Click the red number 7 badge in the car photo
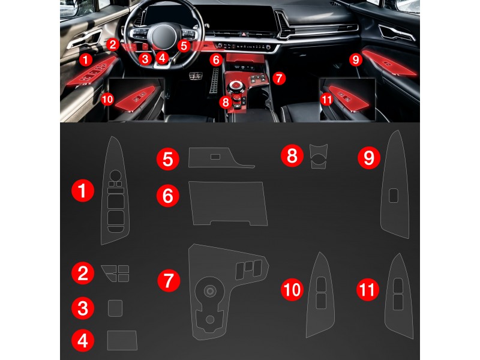[278, 78]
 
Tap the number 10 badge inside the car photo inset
[107, 99]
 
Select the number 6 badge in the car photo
[216, 59]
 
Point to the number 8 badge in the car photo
[226, 102]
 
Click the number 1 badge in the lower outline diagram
[83, 191]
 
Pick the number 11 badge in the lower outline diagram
[368, 290]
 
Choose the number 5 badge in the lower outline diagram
[168, 159]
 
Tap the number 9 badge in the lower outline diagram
[369, 158]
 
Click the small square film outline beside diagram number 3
[115, 308]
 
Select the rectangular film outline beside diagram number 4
[122, 340]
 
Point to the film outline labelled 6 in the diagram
[228, 203]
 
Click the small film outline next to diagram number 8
[319, 156]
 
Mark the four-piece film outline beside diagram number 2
[116, 273]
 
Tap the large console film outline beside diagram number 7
[228, 292]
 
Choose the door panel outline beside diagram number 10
[320, 295]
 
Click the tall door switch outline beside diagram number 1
[115, 190]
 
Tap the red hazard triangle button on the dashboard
[244, 35]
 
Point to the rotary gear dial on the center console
[236, 85]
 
